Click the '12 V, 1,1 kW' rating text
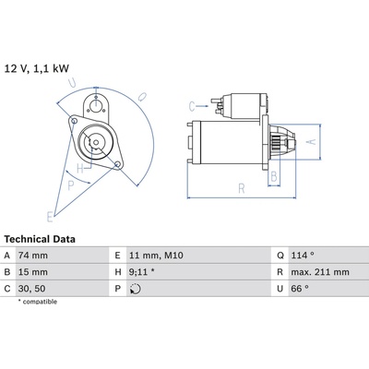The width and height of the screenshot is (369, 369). coord(37,68)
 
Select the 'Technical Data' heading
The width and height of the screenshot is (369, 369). coord(40,239)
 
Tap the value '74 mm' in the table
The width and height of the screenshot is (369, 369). coord(33,256)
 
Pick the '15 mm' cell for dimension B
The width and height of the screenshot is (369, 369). coord(33,272)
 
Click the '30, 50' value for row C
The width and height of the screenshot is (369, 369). coord(32,289)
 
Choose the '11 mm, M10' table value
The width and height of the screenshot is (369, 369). coord(156,256)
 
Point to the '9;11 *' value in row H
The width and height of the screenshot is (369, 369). coord(142,272)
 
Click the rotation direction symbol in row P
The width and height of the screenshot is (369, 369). coord(136,289)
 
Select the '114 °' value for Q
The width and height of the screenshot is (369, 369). coord(303,256)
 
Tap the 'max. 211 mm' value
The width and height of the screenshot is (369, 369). coord(320,272)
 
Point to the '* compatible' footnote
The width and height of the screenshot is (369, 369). coord(38,302)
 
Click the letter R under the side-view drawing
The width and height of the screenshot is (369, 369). coord(242,188)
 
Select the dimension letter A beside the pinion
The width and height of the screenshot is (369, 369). coord(312,141)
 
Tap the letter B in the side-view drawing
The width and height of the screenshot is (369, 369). coord(273,177)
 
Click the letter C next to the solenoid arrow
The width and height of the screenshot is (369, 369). coord(192,107)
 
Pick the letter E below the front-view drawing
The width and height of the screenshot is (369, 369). coord(50,217)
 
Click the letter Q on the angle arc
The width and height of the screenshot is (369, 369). coord(142,97)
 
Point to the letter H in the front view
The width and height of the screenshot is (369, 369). coord(80,169)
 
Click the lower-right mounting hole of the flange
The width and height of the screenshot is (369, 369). coord(117,165)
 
